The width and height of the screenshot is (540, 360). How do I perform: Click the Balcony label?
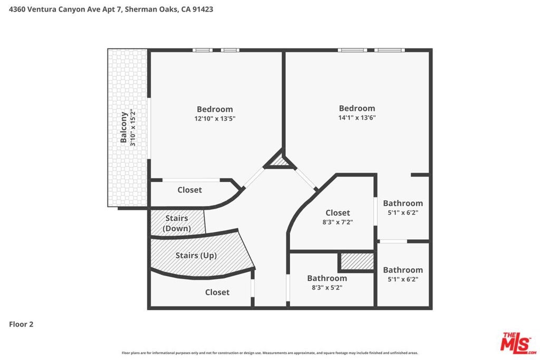(x=123, y=128)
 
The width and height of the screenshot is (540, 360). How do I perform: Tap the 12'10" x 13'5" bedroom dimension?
(x=215, y=119)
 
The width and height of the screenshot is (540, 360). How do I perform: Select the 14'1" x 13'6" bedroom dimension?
(x=357, y=118)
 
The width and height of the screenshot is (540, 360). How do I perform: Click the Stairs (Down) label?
(x=177, y=223)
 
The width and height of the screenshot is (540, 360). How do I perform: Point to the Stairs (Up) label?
(x=196, y=255)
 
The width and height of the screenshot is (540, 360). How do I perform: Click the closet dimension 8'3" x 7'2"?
(x=338, y=222)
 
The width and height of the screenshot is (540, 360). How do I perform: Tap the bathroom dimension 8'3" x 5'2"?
(x=327, y=288)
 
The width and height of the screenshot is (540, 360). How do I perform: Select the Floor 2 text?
(x=21, y=324)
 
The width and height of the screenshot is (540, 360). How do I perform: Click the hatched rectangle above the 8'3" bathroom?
(x=357, y=261)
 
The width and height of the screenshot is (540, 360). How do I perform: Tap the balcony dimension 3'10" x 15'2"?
(x=133, y=128)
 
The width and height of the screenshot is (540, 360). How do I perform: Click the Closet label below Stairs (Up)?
(x=217, y=292)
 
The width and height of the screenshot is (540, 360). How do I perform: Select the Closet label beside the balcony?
(x=190, y=190)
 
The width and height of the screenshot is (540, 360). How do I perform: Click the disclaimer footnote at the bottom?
(x=270, y=353)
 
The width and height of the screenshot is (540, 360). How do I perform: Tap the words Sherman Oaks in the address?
(x=151, y=9)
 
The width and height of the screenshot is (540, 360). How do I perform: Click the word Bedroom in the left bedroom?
(x=215, y=110)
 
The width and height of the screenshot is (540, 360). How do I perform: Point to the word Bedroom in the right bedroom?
(x=357, y=109)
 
